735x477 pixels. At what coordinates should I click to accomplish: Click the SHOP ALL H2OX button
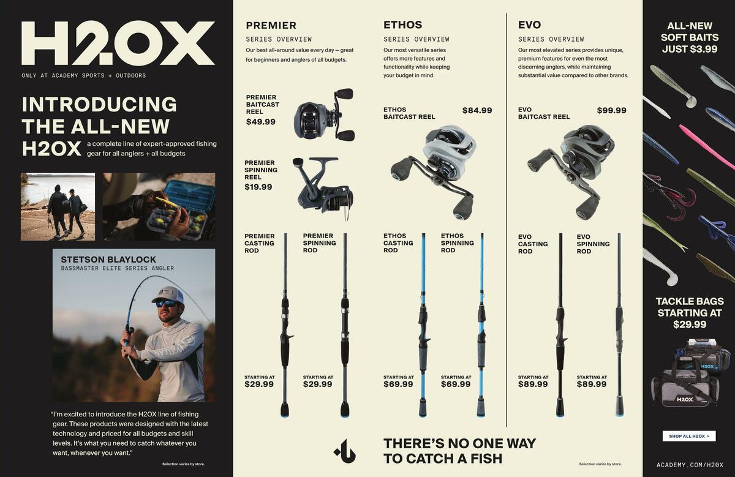(689, 436)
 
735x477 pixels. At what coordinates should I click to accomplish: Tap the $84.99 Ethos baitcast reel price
(477, 111)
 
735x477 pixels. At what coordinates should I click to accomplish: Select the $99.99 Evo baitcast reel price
(611, 111)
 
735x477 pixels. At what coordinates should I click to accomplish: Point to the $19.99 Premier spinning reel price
(258, 187)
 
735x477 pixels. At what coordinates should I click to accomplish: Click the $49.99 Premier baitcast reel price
(261, 122)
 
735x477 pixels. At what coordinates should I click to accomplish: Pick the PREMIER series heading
(271, 26)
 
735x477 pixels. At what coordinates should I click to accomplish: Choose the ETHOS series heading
(402, 25)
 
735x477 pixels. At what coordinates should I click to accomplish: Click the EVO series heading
(529, 25)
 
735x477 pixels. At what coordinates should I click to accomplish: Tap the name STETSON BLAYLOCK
(108, 260)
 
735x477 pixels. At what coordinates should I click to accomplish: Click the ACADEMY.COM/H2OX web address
(690, 465)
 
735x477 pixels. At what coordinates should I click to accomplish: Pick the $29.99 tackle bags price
(690, 325)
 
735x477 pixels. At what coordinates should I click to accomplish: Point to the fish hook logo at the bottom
(345, 451)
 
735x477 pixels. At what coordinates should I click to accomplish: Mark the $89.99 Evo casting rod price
(533, 385)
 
